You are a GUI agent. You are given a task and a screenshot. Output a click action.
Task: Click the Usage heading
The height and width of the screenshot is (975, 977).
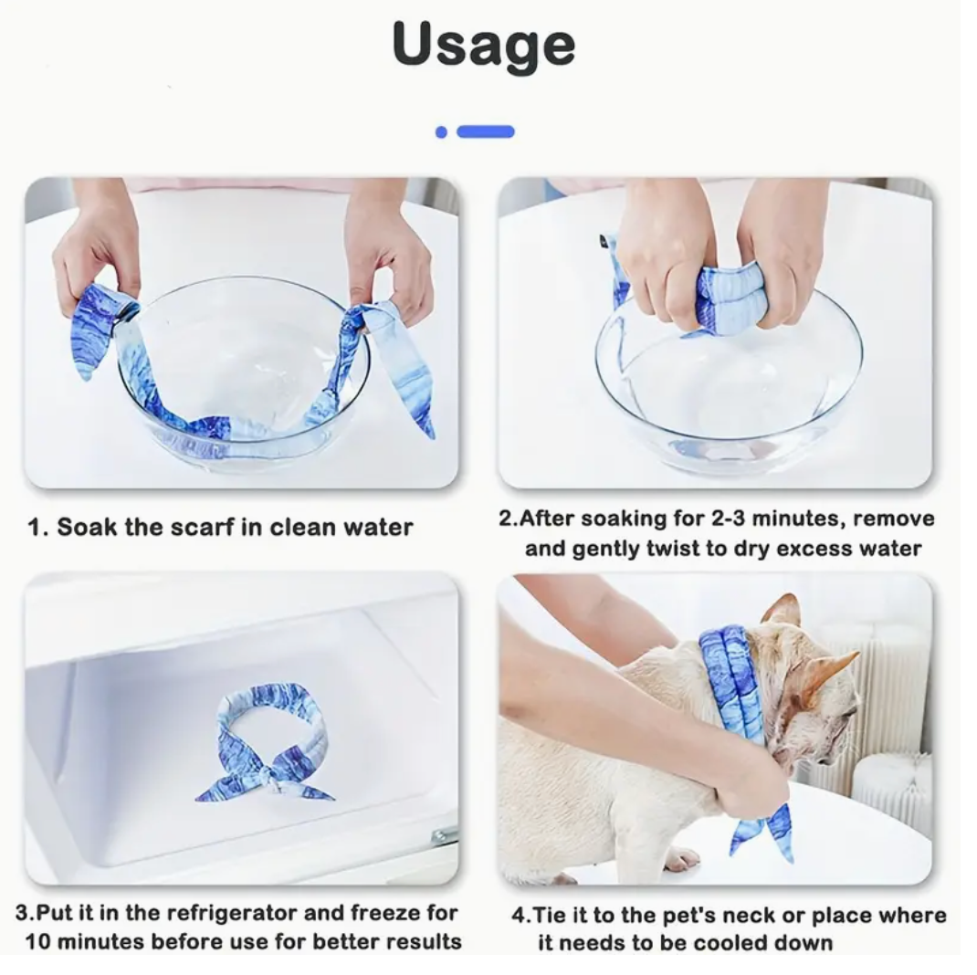[484, 45]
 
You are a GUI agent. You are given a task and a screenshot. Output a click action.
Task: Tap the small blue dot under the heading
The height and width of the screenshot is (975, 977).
[441, 132]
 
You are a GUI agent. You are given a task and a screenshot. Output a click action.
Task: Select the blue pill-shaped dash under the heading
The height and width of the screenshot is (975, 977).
[486, 131]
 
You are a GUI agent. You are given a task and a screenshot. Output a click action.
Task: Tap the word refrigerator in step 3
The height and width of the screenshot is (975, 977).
[235, 913]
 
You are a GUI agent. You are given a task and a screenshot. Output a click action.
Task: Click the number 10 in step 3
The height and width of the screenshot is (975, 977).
[37, 941]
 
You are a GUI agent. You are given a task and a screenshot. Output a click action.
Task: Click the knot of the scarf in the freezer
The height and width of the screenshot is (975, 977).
[269, 774]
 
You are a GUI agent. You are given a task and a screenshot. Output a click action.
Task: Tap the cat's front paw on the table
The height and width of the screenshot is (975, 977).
[682, 859]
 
